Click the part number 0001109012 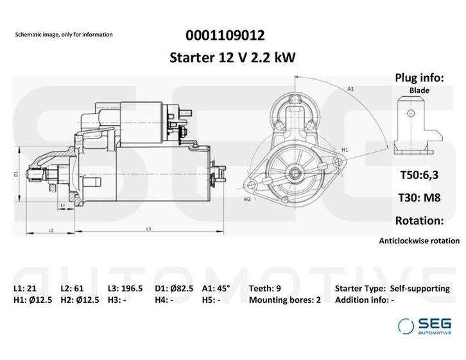point(223,35)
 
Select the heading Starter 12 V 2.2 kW point(232,58)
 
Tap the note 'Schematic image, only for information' point(64,34)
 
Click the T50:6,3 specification point(419,175)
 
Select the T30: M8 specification point(419,197)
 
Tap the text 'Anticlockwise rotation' point(419,241)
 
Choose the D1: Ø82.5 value point(175,288)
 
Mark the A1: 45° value point(217,288)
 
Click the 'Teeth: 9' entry point(266,288)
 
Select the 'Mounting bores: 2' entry point(284,300)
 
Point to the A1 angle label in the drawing point(350,89)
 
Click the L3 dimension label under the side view point(148,228)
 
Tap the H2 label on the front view point(247,200)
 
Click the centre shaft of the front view point(295,171)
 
